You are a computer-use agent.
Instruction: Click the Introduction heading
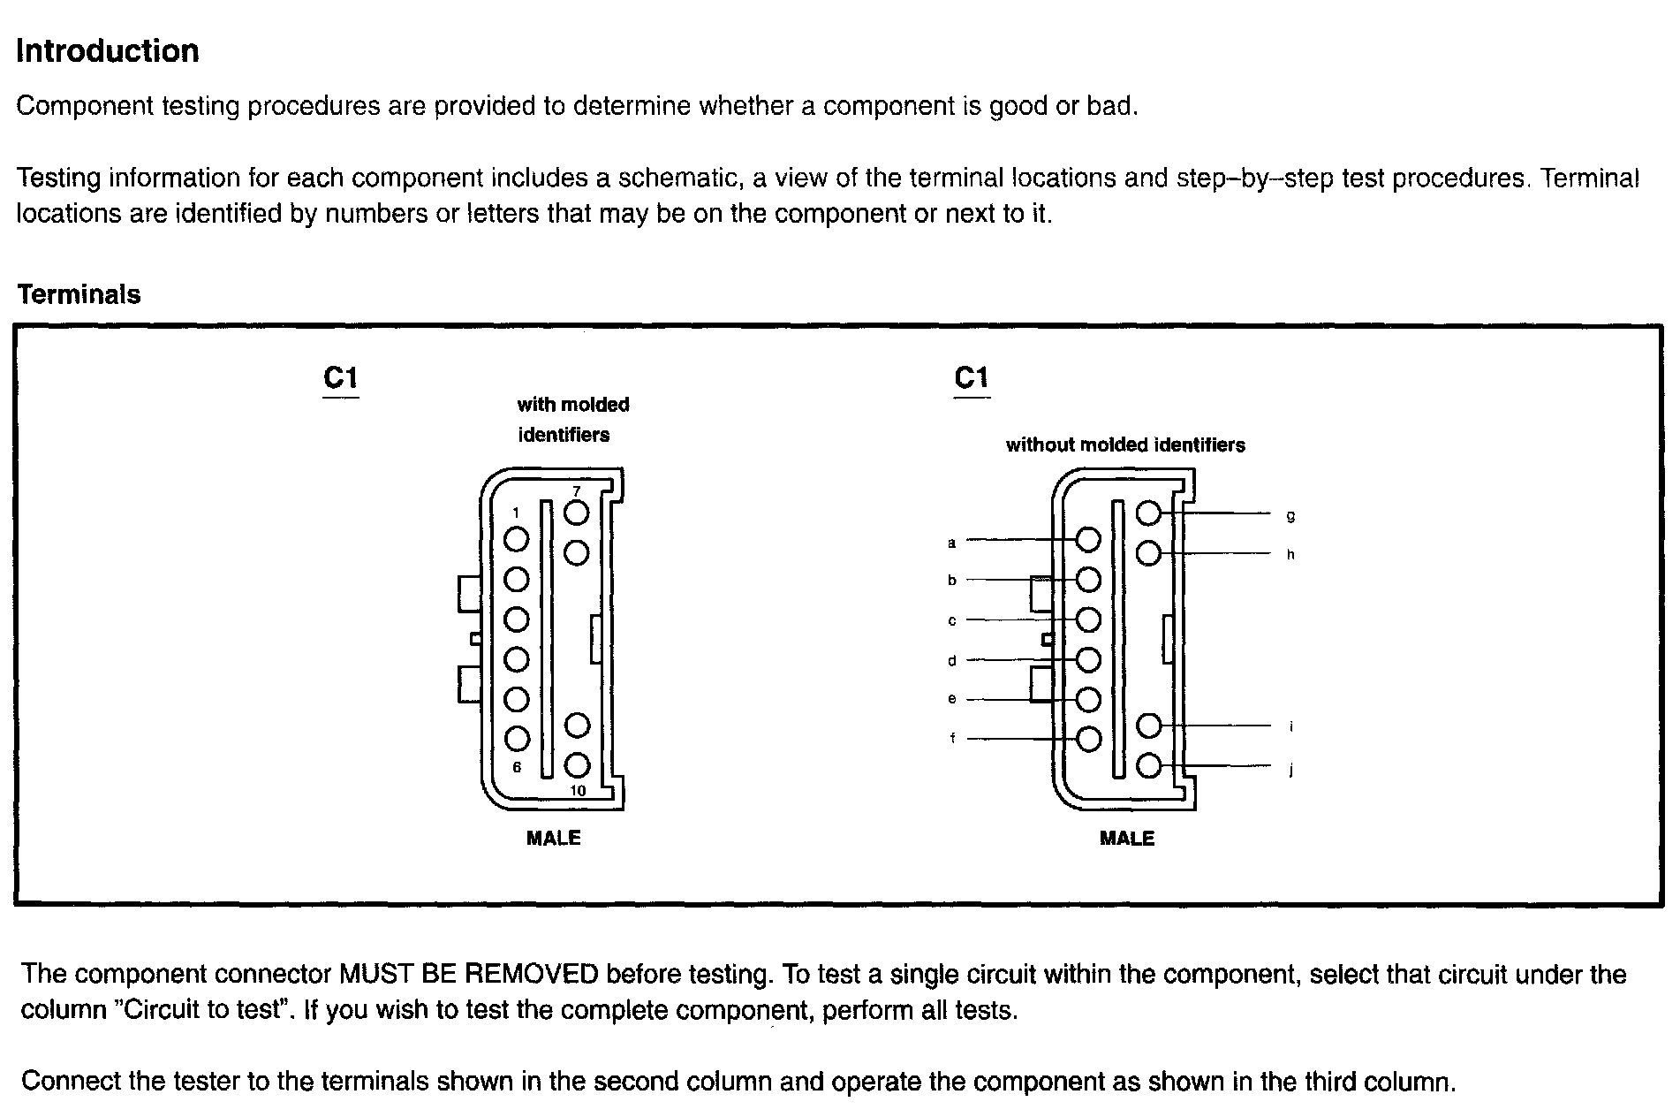108,51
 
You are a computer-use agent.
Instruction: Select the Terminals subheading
79,294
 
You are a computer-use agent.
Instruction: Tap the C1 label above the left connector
341,378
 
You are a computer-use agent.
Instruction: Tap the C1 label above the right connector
972,378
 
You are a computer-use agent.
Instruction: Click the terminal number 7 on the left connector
577,490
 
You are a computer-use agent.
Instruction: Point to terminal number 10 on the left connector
578,791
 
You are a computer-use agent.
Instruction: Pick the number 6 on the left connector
518,767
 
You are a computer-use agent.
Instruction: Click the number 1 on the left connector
517,513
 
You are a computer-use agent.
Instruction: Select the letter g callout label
1290,515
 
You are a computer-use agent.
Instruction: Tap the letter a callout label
952,543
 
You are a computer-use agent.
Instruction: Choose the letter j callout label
1291,770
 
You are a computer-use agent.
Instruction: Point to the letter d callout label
952,661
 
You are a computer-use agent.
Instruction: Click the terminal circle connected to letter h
1148,554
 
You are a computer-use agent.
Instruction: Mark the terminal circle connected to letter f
1089,739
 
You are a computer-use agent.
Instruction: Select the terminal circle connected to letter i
1148,726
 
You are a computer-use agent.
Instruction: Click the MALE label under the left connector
554,838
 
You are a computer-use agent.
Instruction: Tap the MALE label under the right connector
1127,838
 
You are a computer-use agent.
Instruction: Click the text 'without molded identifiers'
1125,445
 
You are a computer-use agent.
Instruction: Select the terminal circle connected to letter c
1089,619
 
